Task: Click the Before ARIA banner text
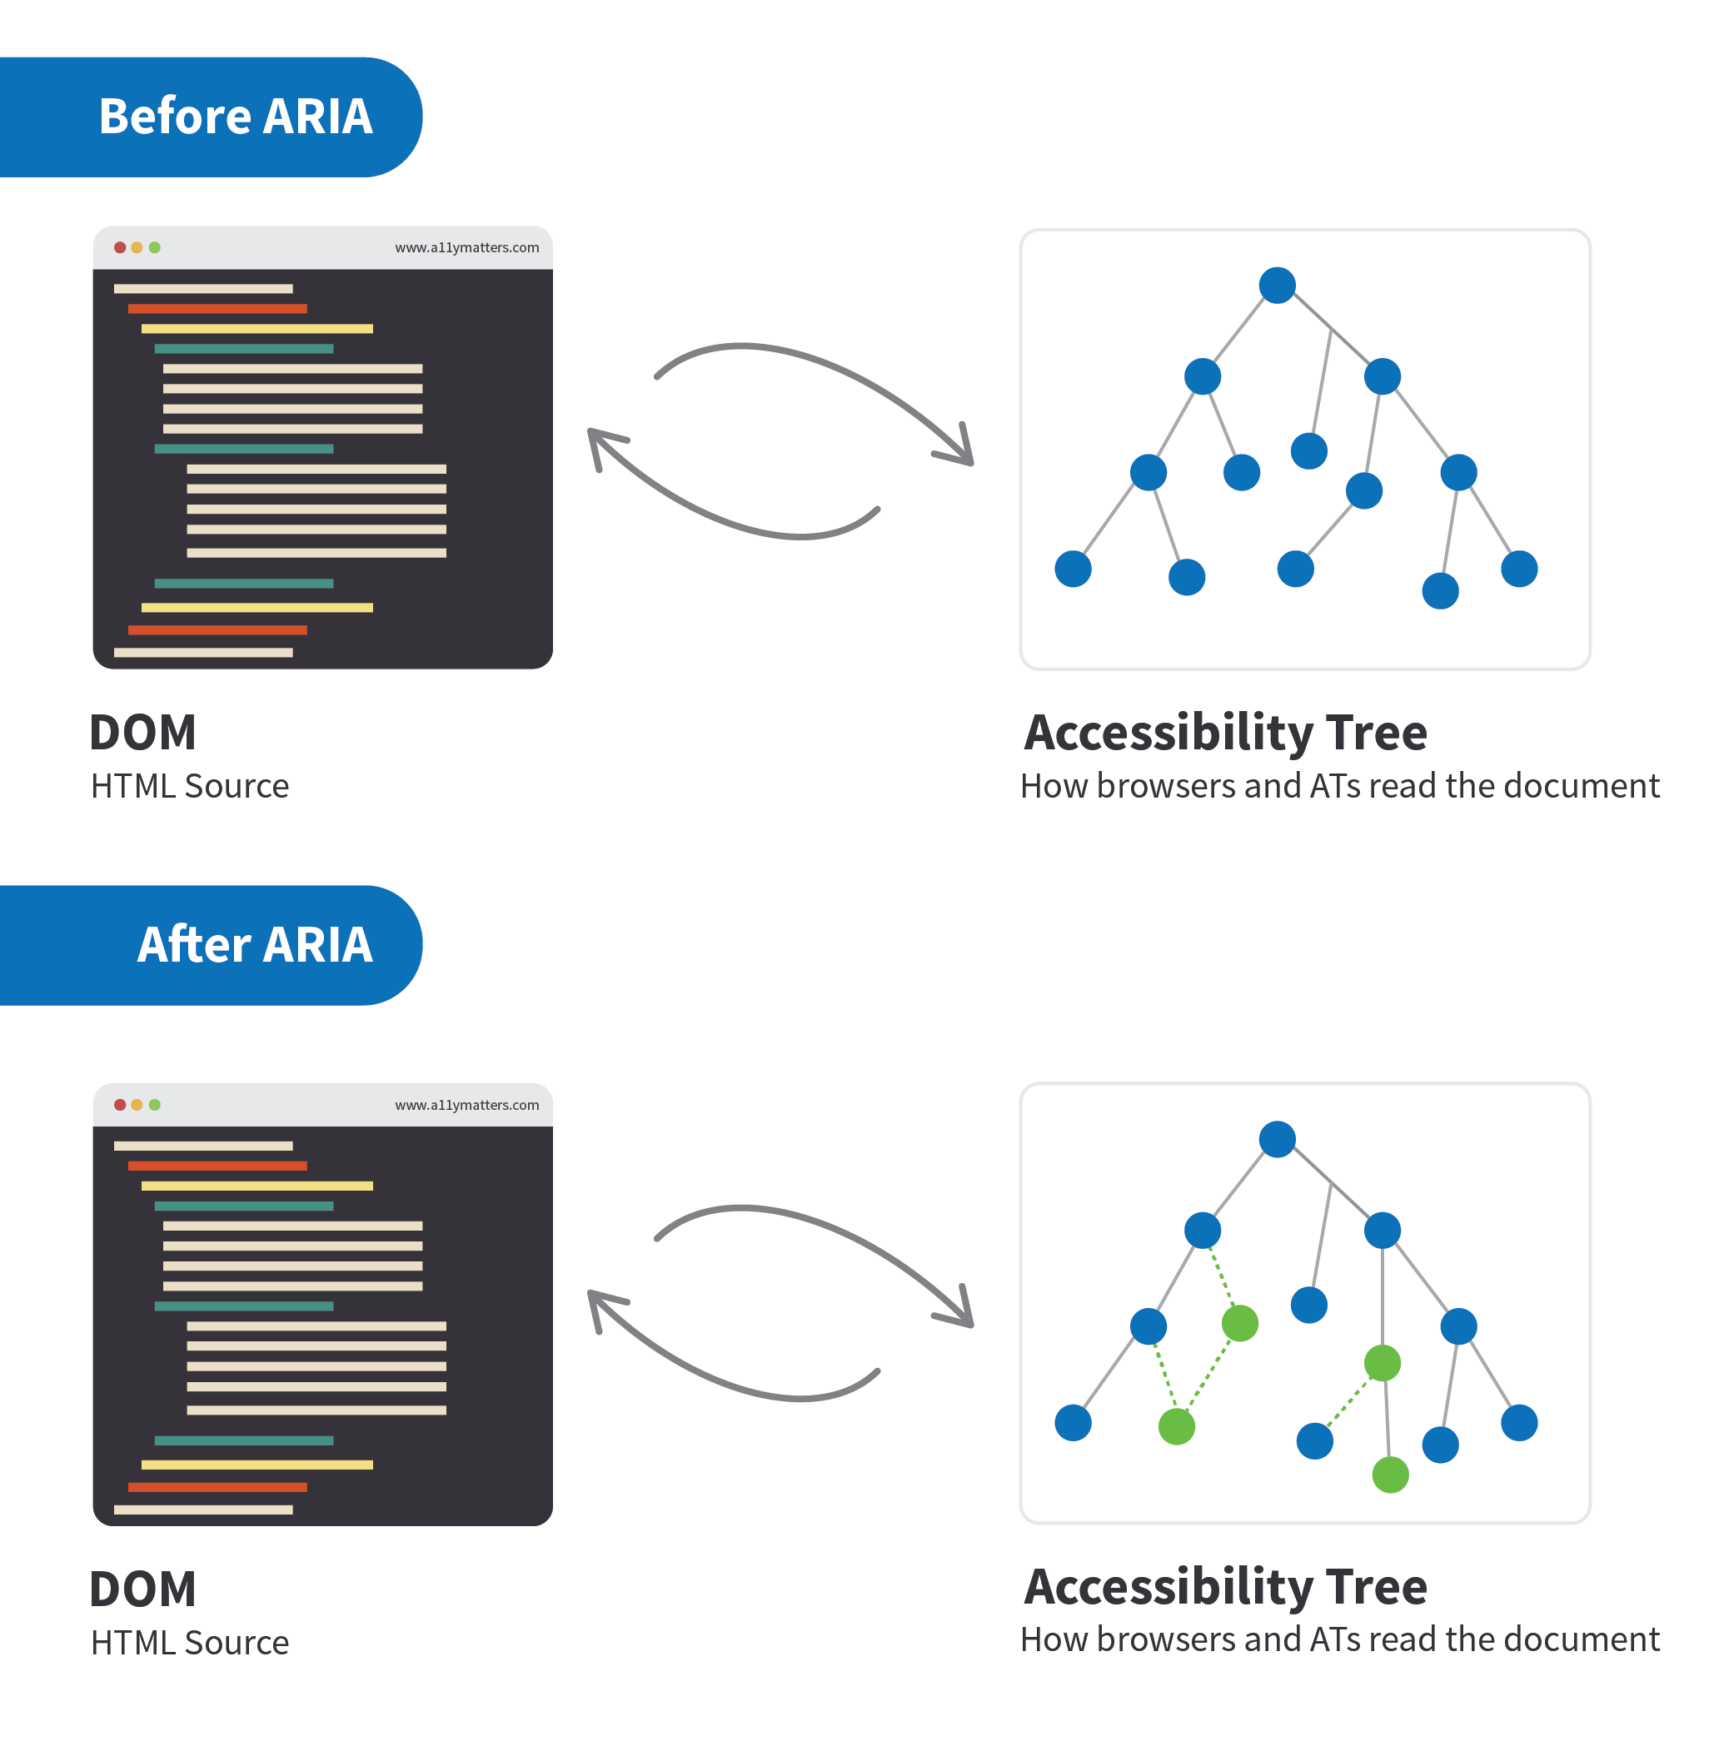235,117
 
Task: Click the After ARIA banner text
254,944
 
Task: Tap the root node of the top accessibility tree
1277,286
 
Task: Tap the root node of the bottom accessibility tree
1277,1139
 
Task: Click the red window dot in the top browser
120,247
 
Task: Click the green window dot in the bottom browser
155,1104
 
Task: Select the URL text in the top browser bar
466,248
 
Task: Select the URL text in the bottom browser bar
466,1105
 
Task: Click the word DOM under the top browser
143,732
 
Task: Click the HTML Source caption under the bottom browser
190,1643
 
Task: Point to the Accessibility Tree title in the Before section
1225,732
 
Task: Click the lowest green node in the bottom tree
1389,1475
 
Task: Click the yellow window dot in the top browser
137,247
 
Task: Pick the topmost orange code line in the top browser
217,309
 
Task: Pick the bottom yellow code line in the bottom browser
257,1465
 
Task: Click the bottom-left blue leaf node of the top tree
1073,569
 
